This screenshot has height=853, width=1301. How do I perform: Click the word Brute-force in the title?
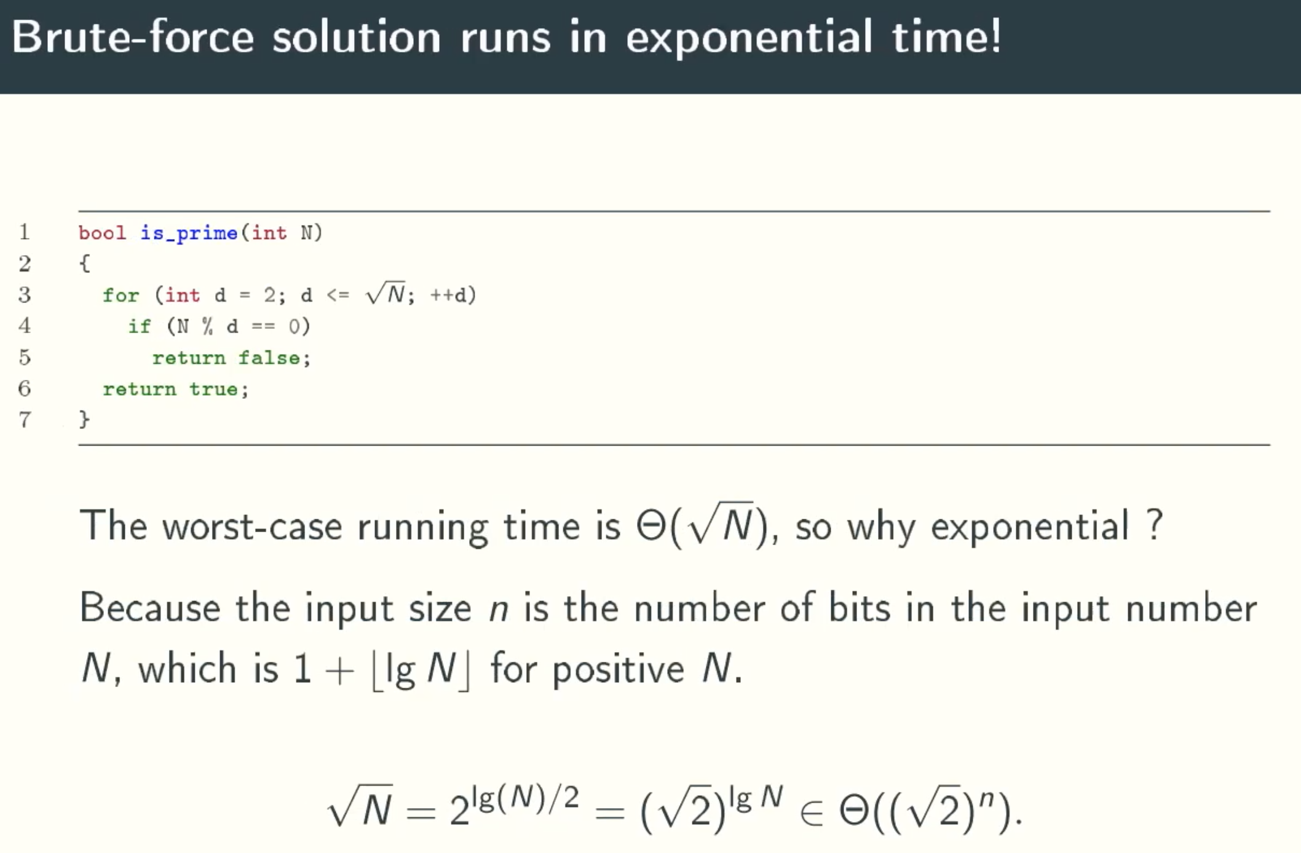[133, 36]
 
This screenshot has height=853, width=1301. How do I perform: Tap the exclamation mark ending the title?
[995, 36]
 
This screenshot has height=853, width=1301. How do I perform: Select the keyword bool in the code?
[102, 233]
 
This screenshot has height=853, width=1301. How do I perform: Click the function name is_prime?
[189, 234]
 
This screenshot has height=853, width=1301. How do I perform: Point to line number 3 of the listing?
[25, 295]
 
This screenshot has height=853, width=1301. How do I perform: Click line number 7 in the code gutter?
[25, 420]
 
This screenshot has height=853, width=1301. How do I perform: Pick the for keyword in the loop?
[121, 296]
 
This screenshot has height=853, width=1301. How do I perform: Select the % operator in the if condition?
[207, 326]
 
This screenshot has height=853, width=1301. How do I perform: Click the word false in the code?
[269, 358]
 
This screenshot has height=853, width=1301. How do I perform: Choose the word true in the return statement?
[213, 389]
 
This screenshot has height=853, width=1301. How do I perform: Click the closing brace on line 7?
[84, 419]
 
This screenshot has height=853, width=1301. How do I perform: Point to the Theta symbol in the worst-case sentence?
[651, 526]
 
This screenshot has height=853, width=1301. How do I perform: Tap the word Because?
[150, 608]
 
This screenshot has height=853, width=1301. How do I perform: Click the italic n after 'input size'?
[499, 612]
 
